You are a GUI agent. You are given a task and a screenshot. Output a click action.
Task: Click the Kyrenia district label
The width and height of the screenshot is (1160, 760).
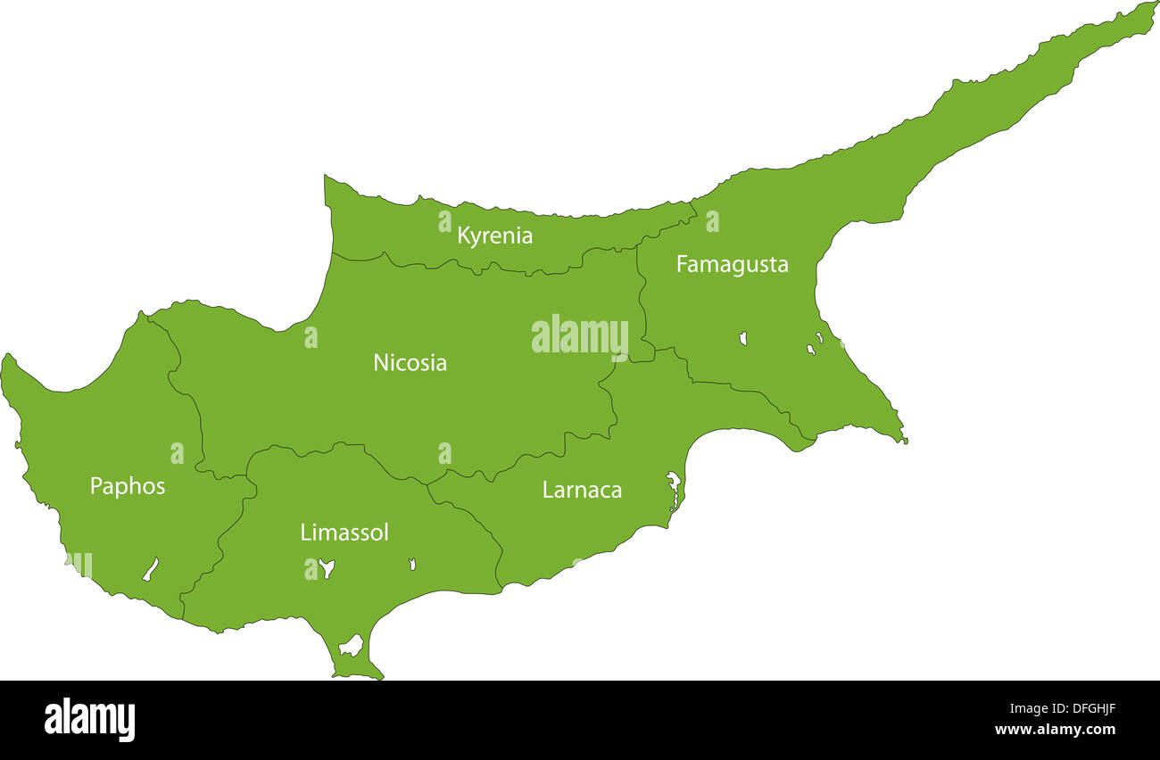tap(494, 236)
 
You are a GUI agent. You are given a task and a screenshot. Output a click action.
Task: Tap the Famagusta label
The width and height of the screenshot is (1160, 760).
tap(732, 265)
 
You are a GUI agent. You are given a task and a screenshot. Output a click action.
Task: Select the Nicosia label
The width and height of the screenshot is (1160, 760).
tap(410, 363)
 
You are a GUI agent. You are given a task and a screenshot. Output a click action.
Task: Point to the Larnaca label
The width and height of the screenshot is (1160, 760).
tap(582, 490)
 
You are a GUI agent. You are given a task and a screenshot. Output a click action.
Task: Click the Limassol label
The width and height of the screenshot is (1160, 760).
tap(344, 533)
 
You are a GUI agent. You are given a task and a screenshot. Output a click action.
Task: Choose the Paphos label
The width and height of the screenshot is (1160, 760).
tap(128, 486)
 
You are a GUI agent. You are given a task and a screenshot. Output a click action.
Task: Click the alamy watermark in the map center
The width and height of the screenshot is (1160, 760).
tap(580, 336)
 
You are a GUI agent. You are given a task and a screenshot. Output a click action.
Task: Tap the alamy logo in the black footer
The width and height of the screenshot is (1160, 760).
tap(89, 720)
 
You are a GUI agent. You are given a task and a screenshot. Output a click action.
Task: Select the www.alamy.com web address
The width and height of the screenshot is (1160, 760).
tap(1054, 730)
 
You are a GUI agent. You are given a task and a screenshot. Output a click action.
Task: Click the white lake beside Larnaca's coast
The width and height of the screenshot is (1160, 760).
tap(674, 490)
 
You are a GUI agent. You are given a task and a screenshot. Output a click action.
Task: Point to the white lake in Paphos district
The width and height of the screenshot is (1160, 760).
tap(151, 569)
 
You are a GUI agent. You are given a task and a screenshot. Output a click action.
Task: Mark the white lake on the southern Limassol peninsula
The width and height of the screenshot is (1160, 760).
tap(351, 645)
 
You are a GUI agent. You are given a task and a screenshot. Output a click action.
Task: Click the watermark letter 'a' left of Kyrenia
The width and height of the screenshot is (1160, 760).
tap(444, 221)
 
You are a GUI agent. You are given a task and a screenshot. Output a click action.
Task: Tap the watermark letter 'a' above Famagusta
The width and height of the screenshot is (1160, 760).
tap(712, 221)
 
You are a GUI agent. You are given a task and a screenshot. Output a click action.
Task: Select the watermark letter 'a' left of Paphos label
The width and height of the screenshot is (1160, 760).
tap(177, 453)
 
